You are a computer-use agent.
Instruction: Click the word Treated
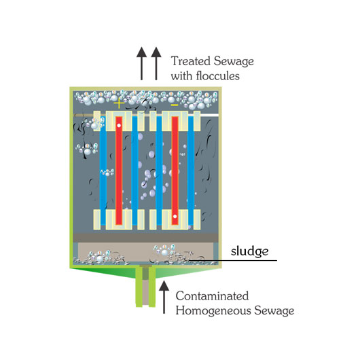coord(191,61)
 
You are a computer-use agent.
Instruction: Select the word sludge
coord(249,251)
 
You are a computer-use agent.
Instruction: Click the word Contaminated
coord(212,296)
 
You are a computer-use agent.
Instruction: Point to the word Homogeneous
coord(213,311)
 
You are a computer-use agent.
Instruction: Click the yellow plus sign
coord(119,103)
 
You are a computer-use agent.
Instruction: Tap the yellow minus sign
coord(175,105)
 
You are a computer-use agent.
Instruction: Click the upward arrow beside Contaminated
coord(164,297)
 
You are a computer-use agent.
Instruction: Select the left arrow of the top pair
coord(142,64)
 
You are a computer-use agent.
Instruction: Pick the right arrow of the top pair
coord(156,64)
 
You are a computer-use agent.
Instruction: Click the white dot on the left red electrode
coord(119,126)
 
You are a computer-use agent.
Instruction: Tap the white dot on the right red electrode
coord(175,216)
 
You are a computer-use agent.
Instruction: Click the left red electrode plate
coord(119,170)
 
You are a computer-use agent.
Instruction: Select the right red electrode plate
coord(175,170)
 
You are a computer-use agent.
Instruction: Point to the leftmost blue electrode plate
coord(103,170)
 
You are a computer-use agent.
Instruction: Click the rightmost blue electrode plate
coord(191,170)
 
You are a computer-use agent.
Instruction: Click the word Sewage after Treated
coord(234,62)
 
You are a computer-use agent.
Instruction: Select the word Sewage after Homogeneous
coord(274,311)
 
